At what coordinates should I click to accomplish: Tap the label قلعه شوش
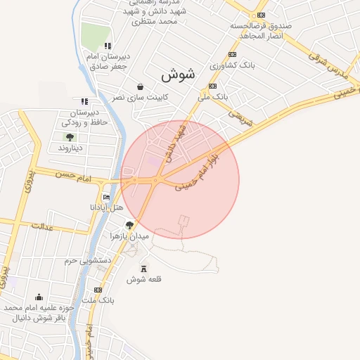pos(144,279)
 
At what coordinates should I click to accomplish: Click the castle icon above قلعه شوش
pos(145,268)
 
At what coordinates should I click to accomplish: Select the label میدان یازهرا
pos(131,236)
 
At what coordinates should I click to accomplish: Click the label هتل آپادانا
pos(106,208)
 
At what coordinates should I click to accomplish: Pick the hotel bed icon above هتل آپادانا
pos(106,197)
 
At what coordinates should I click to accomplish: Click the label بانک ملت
pos(98,301)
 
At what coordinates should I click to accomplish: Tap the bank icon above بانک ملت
pos(98,290)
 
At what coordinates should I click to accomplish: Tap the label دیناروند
pos(70,148)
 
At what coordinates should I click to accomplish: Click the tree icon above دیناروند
pos(70,137)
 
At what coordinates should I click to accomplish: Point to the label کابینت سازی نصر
pos(140,97)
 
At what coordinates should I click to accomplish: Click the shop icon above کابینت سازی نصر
pos(140,86)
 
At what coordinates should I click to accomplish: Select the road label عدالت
pos(42,226)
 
